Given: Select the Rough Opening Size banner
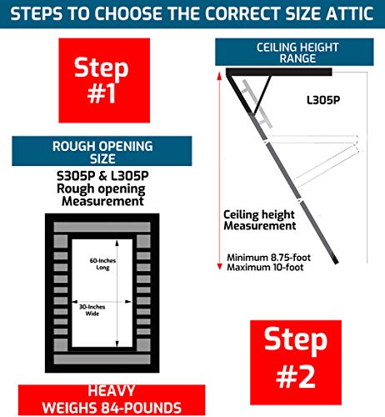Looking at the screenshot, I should [x=102, y=153].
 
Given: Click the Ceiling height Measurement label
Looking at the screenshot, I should [x=259, y=220].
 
